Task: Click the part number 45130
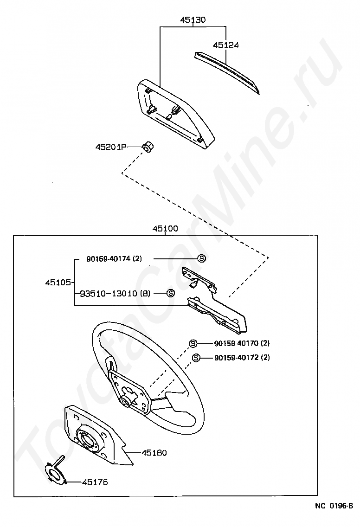pyautogui.click(x=193, y=20)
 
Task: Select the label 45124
pyautogui.click(x=226, y=45)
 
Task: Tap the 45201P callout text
pyautogui.click(x=111, y=147)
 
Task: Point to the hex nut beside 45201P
pyautogui.click(x=148, y=148)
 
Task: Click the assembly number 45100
pyautogui.click(x=165, y=229)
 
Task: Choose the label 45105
pyautogui.click(x=58, y=282)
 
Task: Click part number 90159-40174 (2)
pyautogui.click(x=114, y=259)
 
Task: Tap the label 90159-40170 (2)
pyautogui.click(x=242, y=344)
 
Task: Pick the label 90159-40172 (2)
pyautogui.click(x=242, y=358)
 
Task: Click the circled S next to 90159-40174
pyautogui.click(x=201, y=259)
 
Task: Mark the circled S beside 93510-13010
pyautogui.click(x=170, y=293)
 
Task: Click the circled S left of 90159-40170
pyautogui.click(x=193, y=344)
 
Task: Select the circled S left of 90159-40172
pyautogui.click(x=196, y=358)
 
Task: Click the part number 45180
pyautogui.click(x=154, y=452)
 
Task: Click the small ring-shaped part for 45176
pyautogui.click(x=57, y=474)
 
